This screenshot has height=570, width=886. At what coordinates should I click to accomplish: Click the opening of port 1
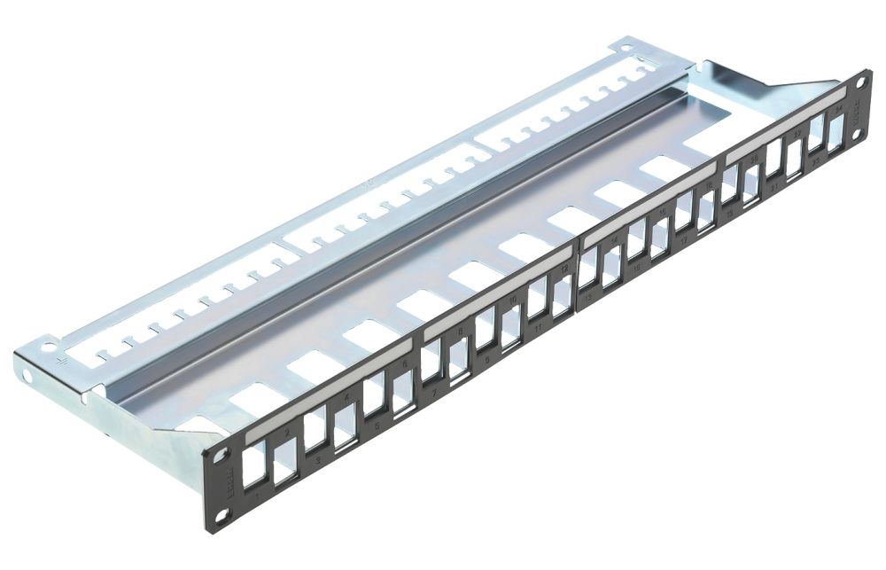point(253,466)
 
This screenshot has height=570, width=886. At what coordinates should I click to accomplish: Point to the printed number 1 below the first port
point(256,502)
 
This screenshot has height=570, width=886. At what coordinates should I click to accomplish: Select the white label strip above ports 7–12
point(496,293)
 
